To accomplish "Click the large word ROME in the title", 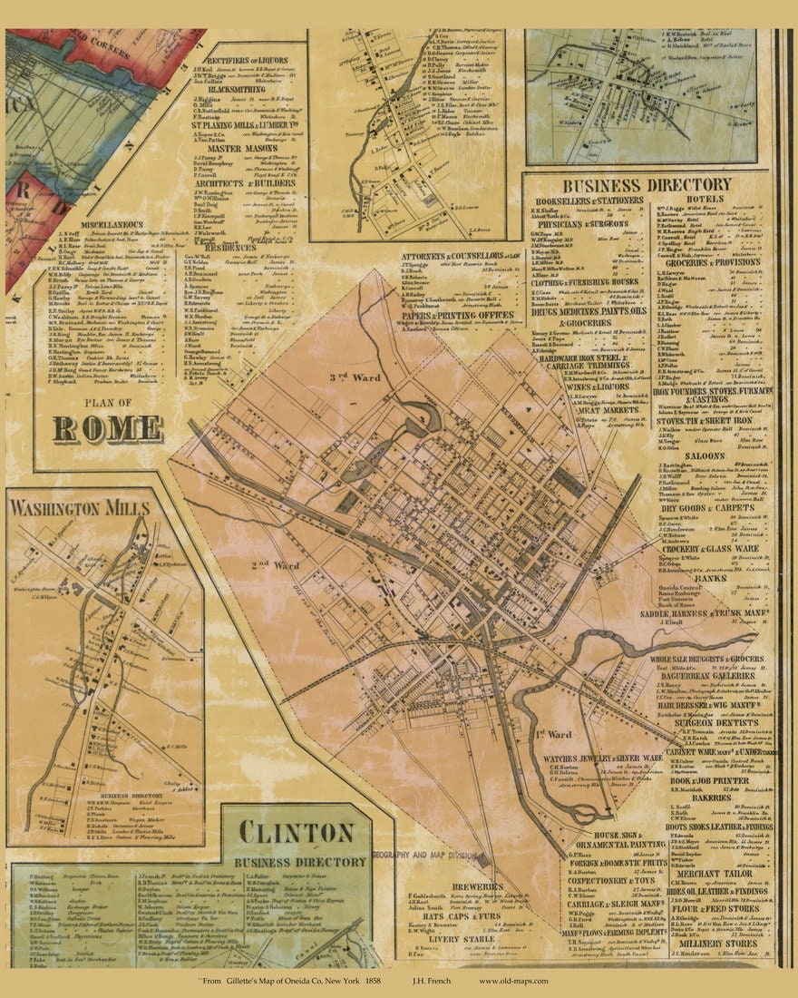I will (108, 428).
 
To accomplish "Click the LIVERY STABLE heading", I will (465, 940).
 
